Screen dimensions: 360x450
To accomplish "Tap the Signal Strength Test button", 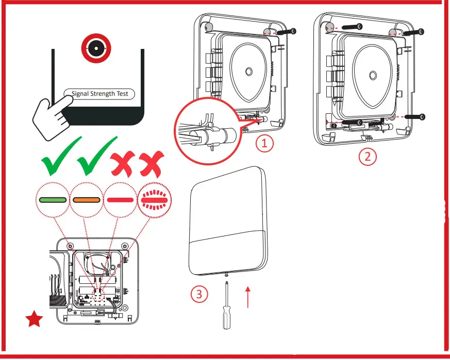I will [x=99, y=94].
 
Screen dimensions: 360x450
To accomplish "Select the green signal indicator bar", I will [x=52, y=199].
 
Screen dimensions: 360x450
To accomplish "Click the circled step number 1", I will [x=265, y=144].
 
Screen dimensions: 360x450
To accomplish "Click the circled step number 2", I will [x=368, y=156].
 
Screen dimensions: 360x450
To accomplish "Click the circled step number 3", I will [x=199, y=294].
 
